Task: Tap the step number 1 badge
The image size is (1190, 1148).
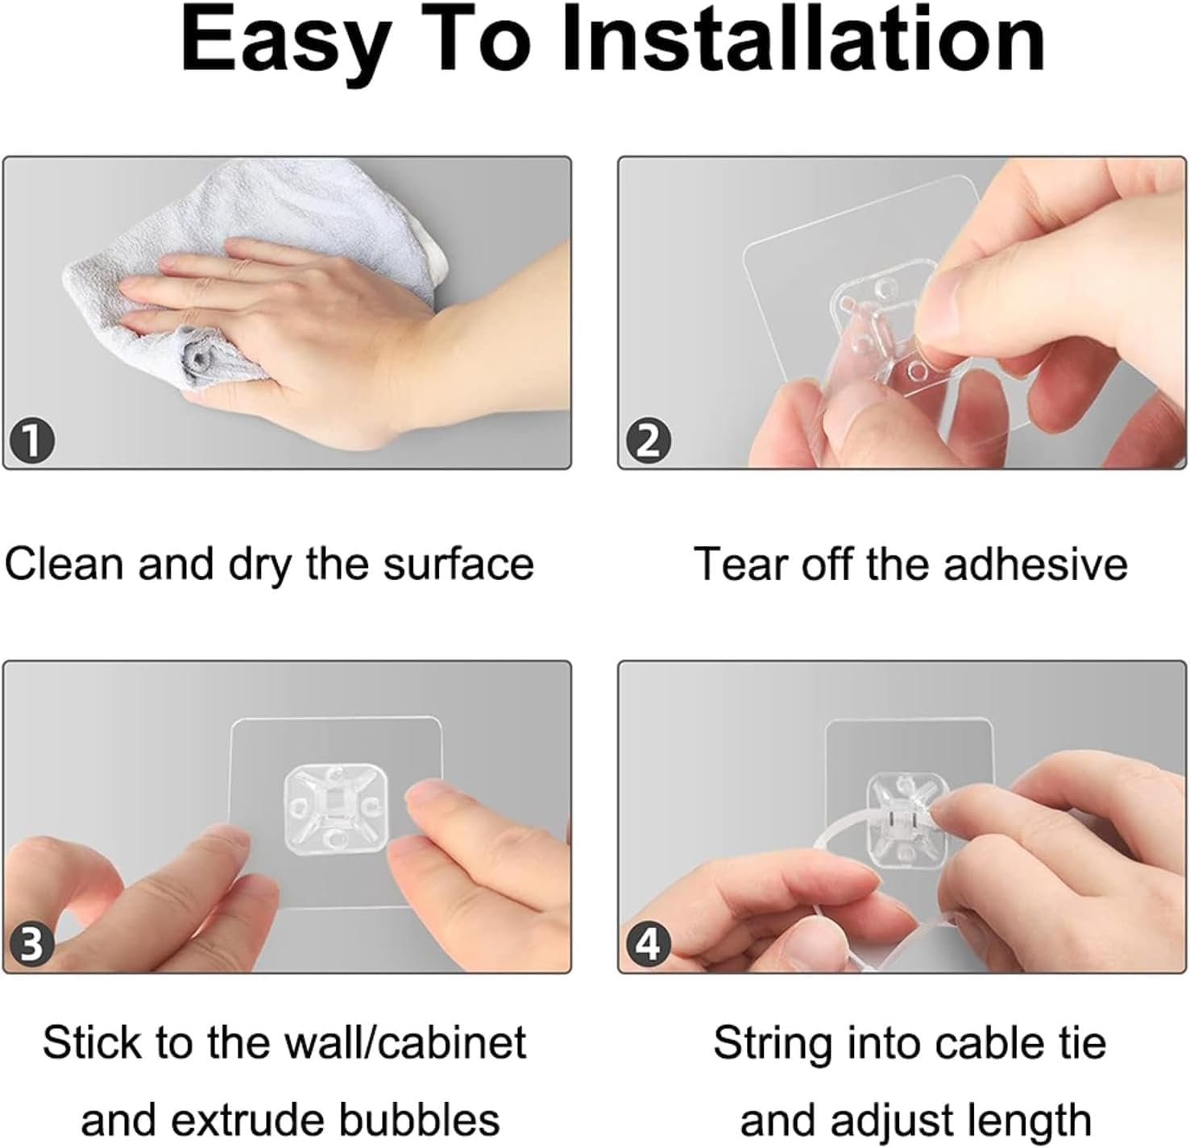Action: pos(32,441)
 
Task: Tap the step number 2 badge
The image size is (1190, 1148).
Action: pos(648,441)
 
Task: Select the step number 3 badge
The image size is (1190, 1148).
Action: pos(32,943)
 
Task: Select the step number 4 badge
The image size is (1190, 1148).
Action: pos(648,943)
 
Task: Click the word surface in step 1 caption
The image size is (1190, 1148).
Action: pos(458,563)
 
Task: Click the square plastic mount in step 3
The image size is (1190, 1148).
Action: pos(334,806)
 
